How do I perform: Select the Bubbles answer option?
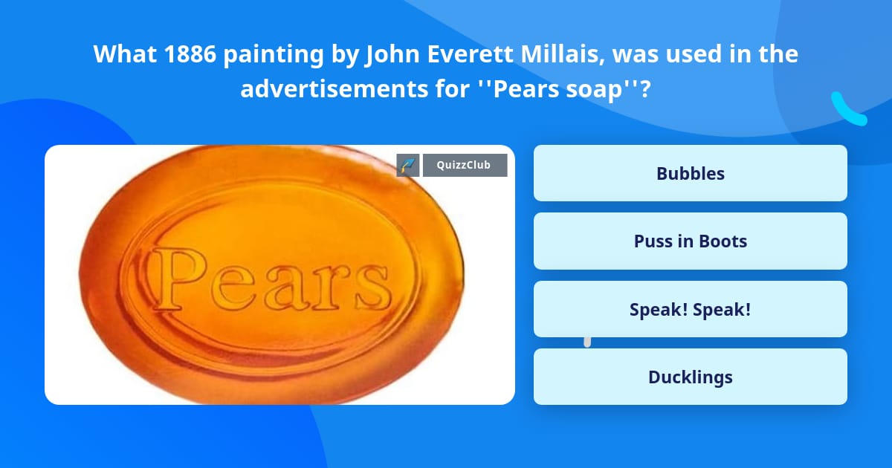pyautogui.click(x=690, y=173)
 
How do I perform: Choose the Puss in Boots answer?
pyautogui.click(x=690, y=241)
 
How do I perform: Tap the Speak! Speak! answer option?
pyautogui.click(x=690, y=309)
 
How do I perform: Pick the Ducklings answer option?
pyautogui.click(x=690, y=377)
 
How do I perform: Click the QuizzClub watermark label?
pyautogui.click(x=465, y=165)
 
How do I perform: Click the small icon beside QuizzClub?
pyautogui.click(x=408, y=165)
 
